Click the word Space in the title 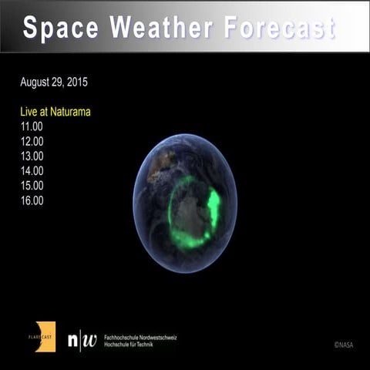pyautogui.click(x=62, y=28)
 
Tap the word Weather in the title pyautogui.click(x=160, y=28)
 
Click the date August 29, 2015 pyautogui.click(x=59, y=82)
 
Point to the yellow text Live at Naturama pyautogui.click(x=55, y=112)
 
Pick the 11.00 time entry pyautogui.click(x=32, y=126)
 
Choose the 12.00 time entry pyautogui.click(x=32, y=141)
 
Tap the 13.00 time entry pyautogui.click(x=32, y=156)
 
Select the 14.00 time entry pyautogui.click(x=32, y=170)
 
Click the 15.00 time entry pyautogui.click(x=32, y=185)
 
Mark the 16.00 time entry pyautogui.click(x=32, y=200)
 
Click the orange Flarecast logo pyautogui.click(x=45, y=336)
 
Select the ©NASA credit pyautogui.click(x=345, y=345)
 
